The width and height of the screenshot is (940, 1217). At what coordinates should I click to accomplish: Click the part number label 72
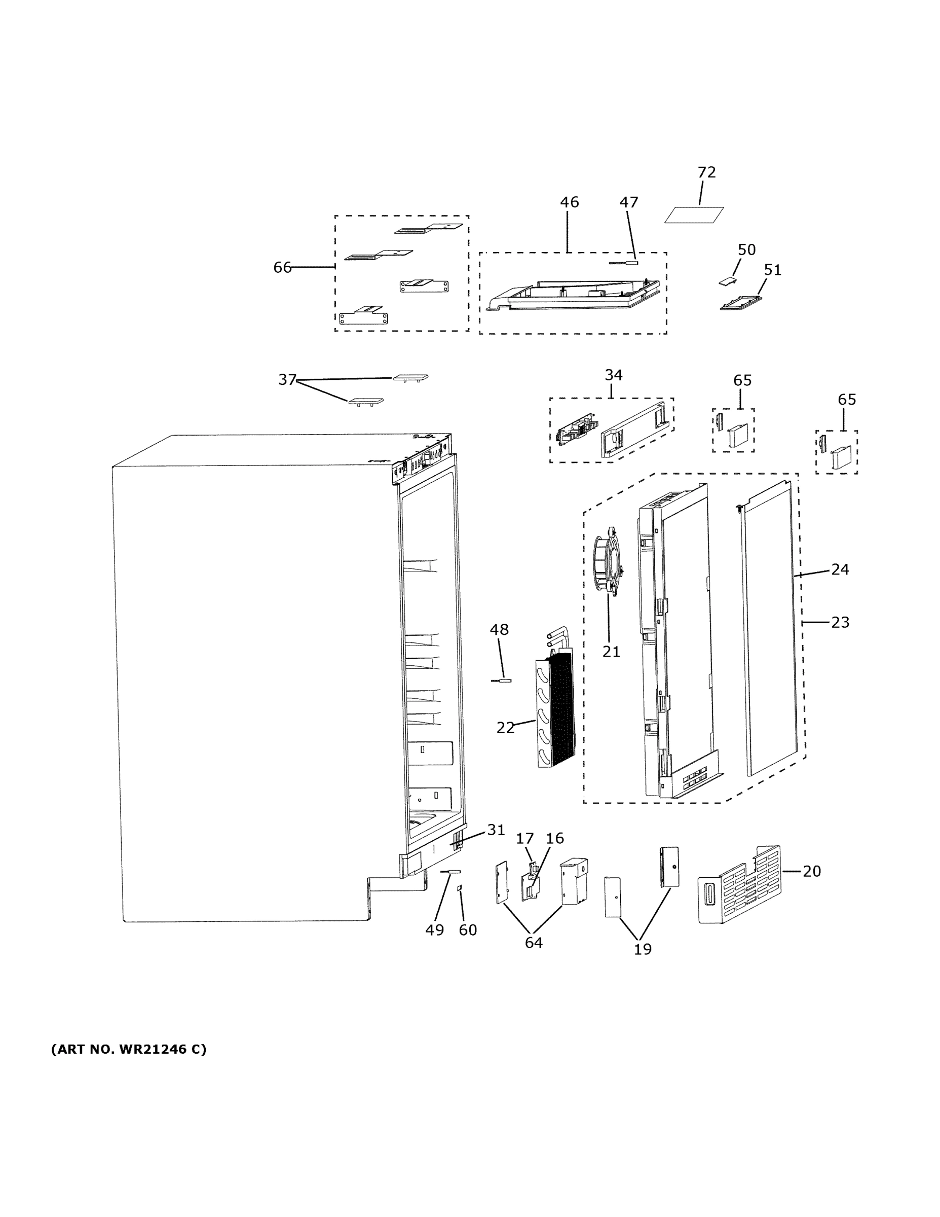(x=706, y=172)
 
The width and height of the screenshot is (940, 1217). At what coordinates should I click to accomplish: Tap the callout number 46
(x=569, y=202)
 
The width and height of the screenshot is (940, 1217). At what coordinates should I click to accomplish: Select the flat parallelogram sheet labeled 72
(x=694, y=215)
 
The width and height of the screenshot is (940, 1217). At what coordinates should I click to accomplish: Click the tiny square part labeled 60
(x=460, y=888)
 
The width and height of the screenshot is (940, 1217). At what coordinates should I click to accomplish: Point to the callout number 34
(x=613, y=375)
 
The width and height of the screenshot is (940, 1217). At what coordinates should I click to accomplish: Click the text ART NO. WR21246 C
(x=129, y=1049)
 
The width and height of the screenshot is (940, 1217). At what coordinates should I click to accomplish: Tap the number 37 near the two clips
(x=287, y=379)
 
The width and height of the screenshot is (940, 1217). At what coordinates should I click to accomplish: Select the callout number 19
(x=642, y=949)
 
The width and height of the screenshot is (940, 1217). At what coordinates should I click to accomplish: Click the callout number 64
(x=534, y=942)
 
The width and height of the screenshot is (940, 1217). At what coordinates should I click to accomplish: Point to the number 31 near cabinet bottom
(x=496, y=845)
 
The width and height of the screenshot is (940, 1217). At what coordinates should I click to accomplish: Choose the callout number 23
(x=840, y=622)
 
